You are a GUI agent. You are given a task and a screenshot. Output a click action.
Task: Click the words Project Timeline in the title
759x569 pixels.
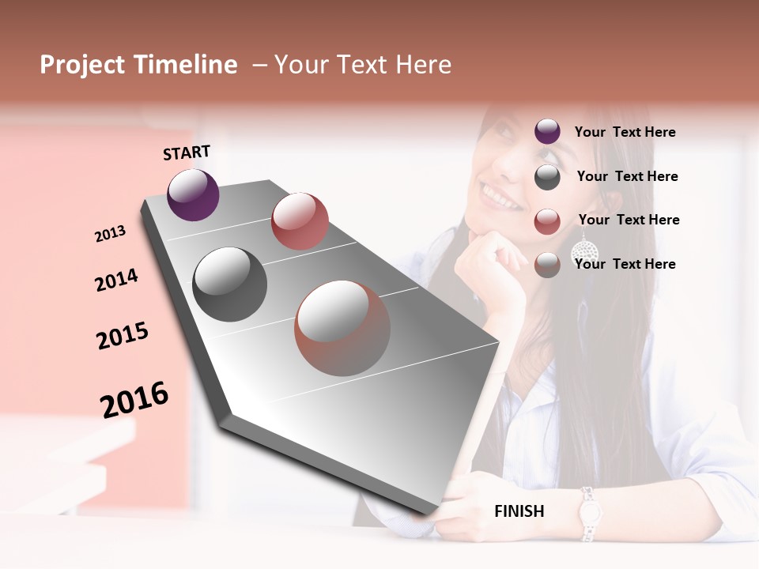coord(138,65)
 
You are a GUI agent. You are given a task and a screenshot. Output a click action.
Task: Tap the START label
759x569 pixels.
coord(187,153)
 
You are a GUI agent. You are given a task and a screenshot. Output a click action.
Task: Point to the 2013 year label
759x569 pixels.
coord(110,234)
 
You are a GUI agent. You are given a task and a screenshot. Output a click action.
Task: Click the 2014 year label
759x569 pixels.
coord(116,281)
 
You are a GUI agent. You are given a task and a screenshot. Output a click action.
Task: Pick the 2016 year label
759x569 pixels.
coord(134,399)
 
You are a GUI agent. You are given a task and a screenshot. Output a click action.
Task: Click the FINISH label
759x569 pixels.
coord(519,511)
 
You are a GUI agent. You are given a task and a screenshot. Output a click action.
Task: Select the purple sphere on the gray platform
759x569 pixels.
coord(193,194)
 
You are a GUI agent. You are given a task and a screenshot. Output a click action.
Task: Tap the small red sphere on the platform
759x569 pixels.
coord(300,221)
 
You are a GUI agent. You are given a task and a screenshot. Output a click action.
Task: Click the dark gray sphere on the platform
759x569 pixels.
coord(230,284)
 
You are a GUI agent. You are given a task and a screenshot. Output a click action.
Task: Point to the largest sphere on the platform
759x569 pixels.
coord(342,328)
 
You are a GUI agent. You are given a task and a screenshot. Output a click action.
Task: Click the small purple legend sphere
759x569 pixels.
coord(547,132)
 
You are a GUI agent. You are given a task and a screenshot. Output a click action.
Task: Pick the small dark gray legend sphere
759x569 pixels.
coord(547,177)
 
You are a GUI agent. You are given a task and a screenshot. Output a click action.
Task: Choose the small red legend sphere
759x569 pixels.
coord(547,221)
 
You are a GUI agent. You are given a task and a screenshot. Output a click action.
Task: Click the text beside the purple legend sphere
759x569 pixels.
coord(625,132)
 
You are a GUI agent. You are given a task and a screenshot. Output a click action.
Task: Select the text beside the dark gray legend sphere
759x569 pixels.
coord(627,176)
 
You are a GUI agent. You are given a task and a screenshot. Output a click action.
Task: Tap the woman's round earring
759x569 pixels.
coord(583,251)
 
